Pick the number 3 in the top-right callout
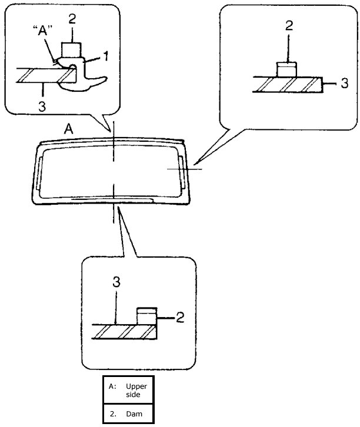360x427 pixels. tap(345, 84)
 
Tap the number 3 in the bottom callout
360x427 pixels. tap(116, 282)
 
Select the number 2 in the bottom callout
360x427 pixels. tap(181, 318)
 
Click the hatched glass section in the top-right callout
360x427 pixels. tap(288, 85)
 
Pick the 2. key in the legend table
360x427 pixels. tap(112, 413)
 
